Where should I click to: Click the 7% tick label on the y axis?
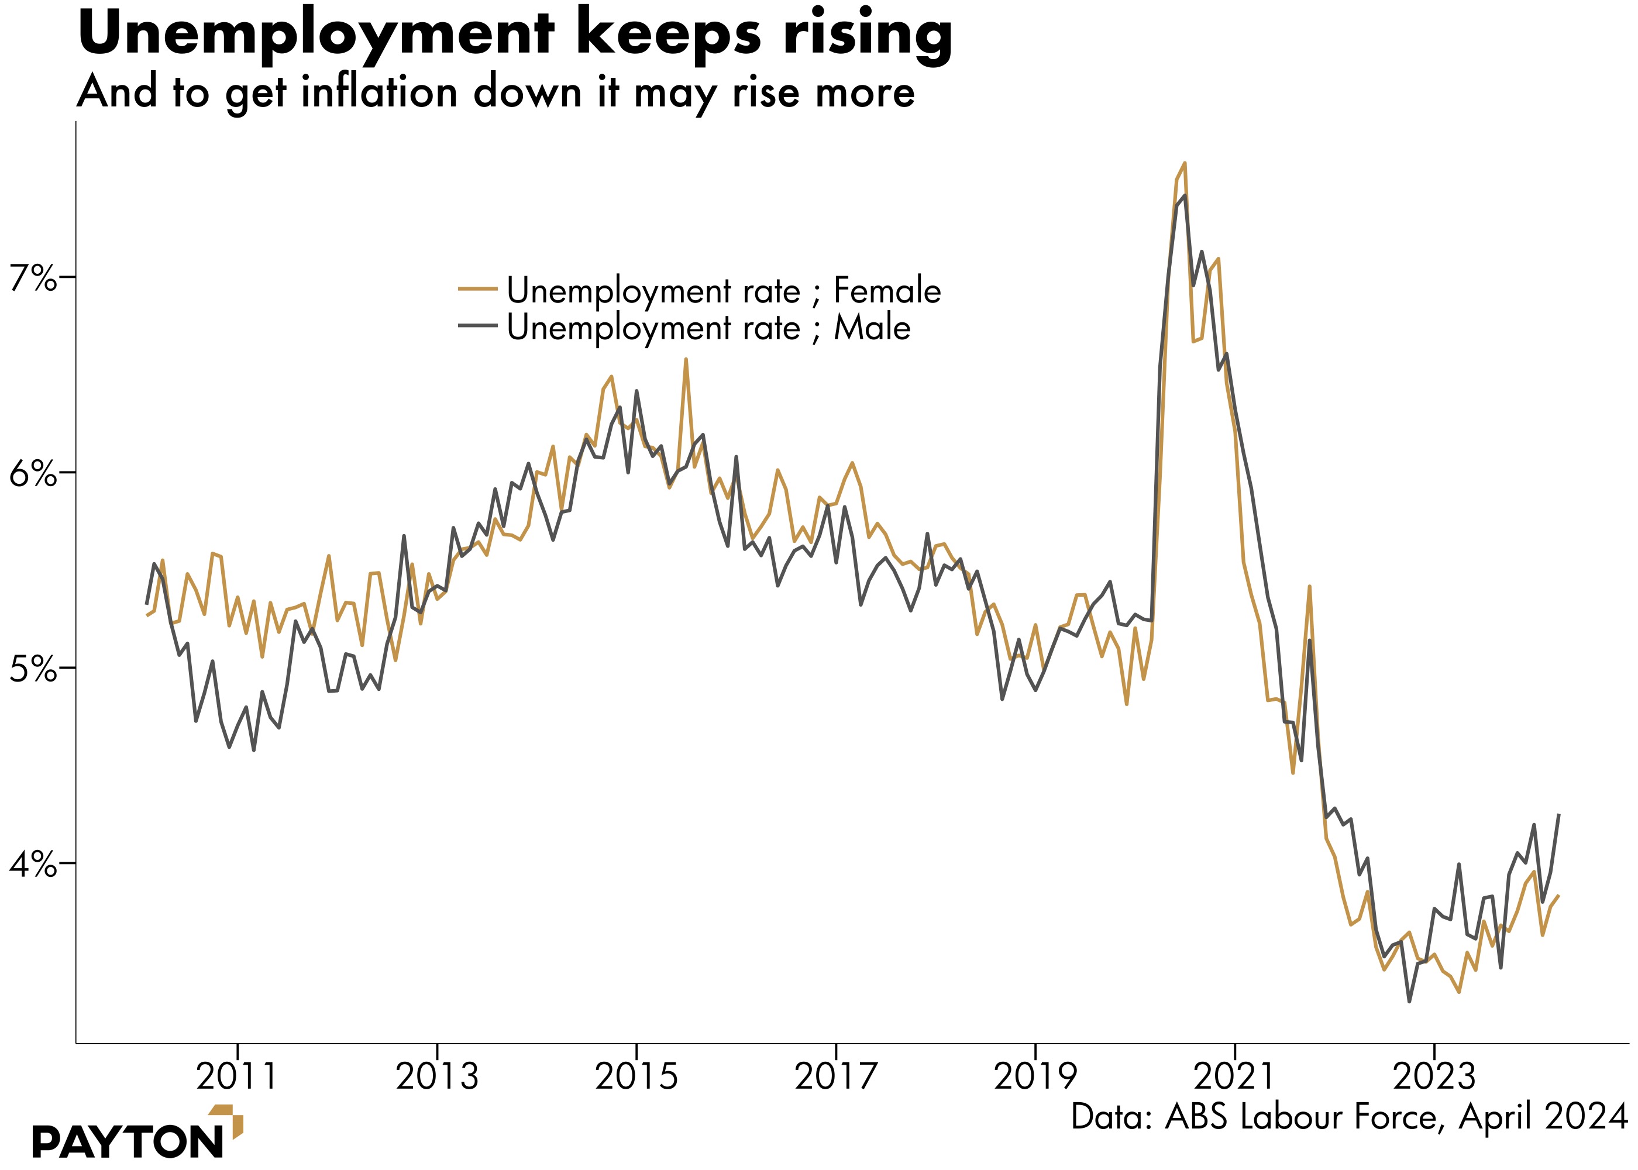[x=32, y=278]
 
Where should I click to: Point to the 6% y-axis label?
[x=32, y=474]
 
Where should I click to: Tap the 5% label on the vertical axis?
[x=32, y=669]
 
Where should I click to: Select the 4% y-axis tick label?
[x=32, y=864]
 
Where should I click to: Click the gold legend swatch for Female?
[x=477, y=290]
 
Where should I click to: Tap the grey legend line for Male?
[x=477, y=326]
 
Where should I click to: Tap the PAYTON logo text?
[x=128, y=1142]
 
